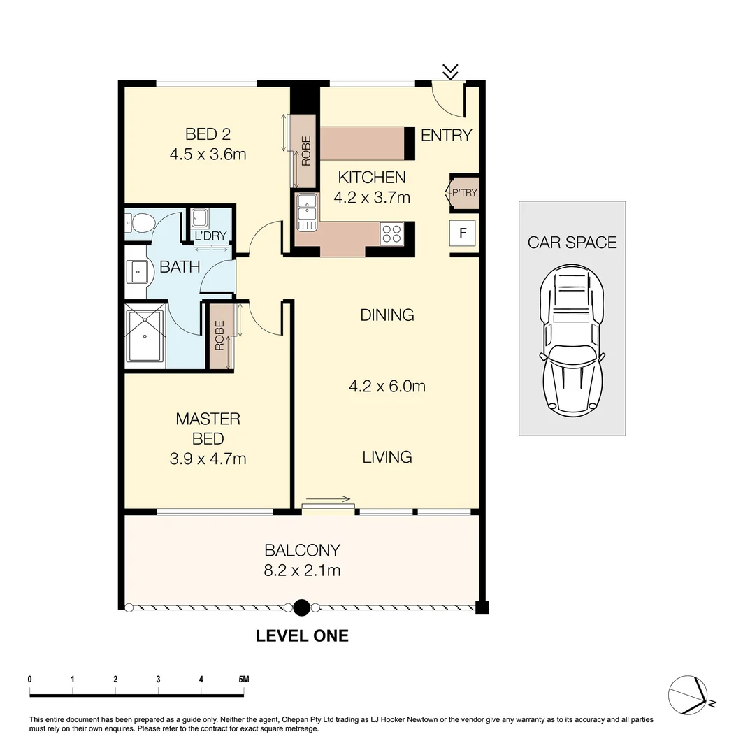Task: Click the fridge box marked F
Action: (x=462, y=232)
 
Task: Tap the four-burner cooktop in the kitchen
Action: (x=392, y=233)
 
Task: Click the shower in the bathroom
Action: (x=145, y=337)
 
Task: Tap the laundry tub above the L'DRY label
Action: (x=199, y=218)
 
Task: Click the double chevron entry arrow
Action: (x=451, y=71)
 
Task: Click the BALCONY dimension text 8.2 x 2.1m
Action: (x=303, y=570)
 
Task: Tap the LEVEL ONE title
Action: (x=302, y=636)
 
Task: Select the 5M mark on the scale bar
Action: (x=243, y=679)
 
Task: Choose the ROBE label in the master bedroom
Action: (x=219, y=335)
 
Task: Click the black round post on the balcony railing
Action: (x=301, y=607)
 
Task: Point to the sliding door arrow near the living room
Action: (x=328, y=499)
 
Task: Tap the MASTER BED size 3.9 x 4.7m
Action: (x=208, y=459)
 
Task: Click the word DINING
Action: (x=387, y=315)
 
